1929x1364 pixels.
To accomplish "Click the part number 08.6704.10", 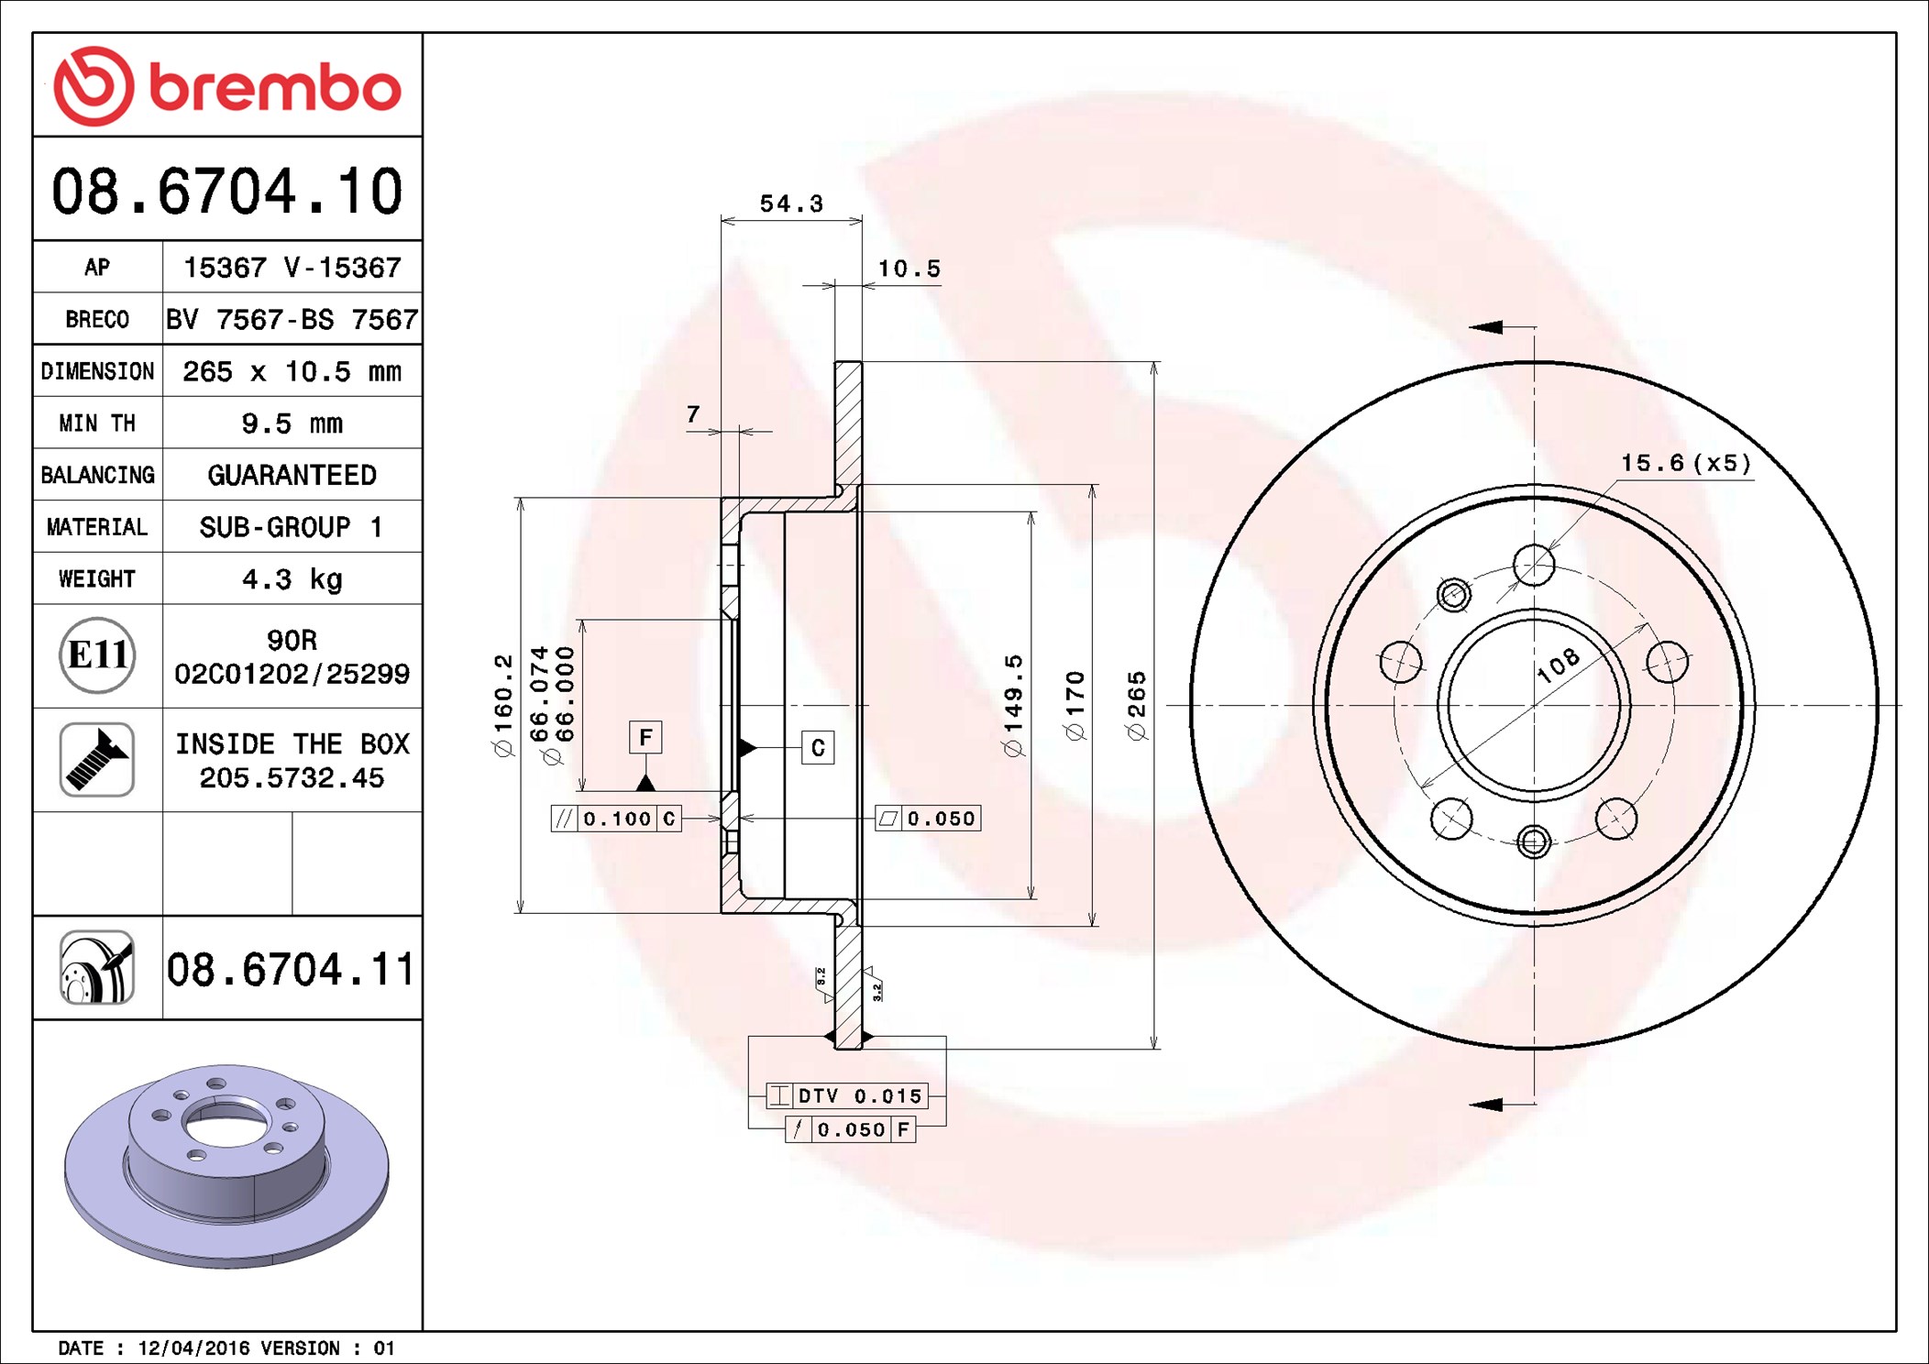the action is point(227,192).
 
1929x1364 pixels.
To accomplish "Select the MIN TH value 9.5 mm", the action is point(292,423).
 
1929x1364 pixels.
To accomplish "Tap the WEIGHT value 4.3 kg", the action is point(292,579).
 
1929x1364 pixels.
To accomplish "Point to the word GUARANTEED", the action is point(292,475).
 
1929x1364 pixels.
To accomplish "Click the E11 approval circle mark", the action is point(97,655).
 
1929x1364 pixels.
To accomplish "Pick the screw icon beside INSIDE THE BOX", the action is point(97,760).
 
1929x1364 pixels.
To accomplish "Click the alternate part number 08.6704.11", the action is point(291,969).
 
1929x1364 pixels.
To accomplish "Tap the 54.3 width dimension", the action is point(791,203).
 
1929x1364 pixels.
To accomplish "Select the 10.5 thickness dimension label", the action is point(909,269).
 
